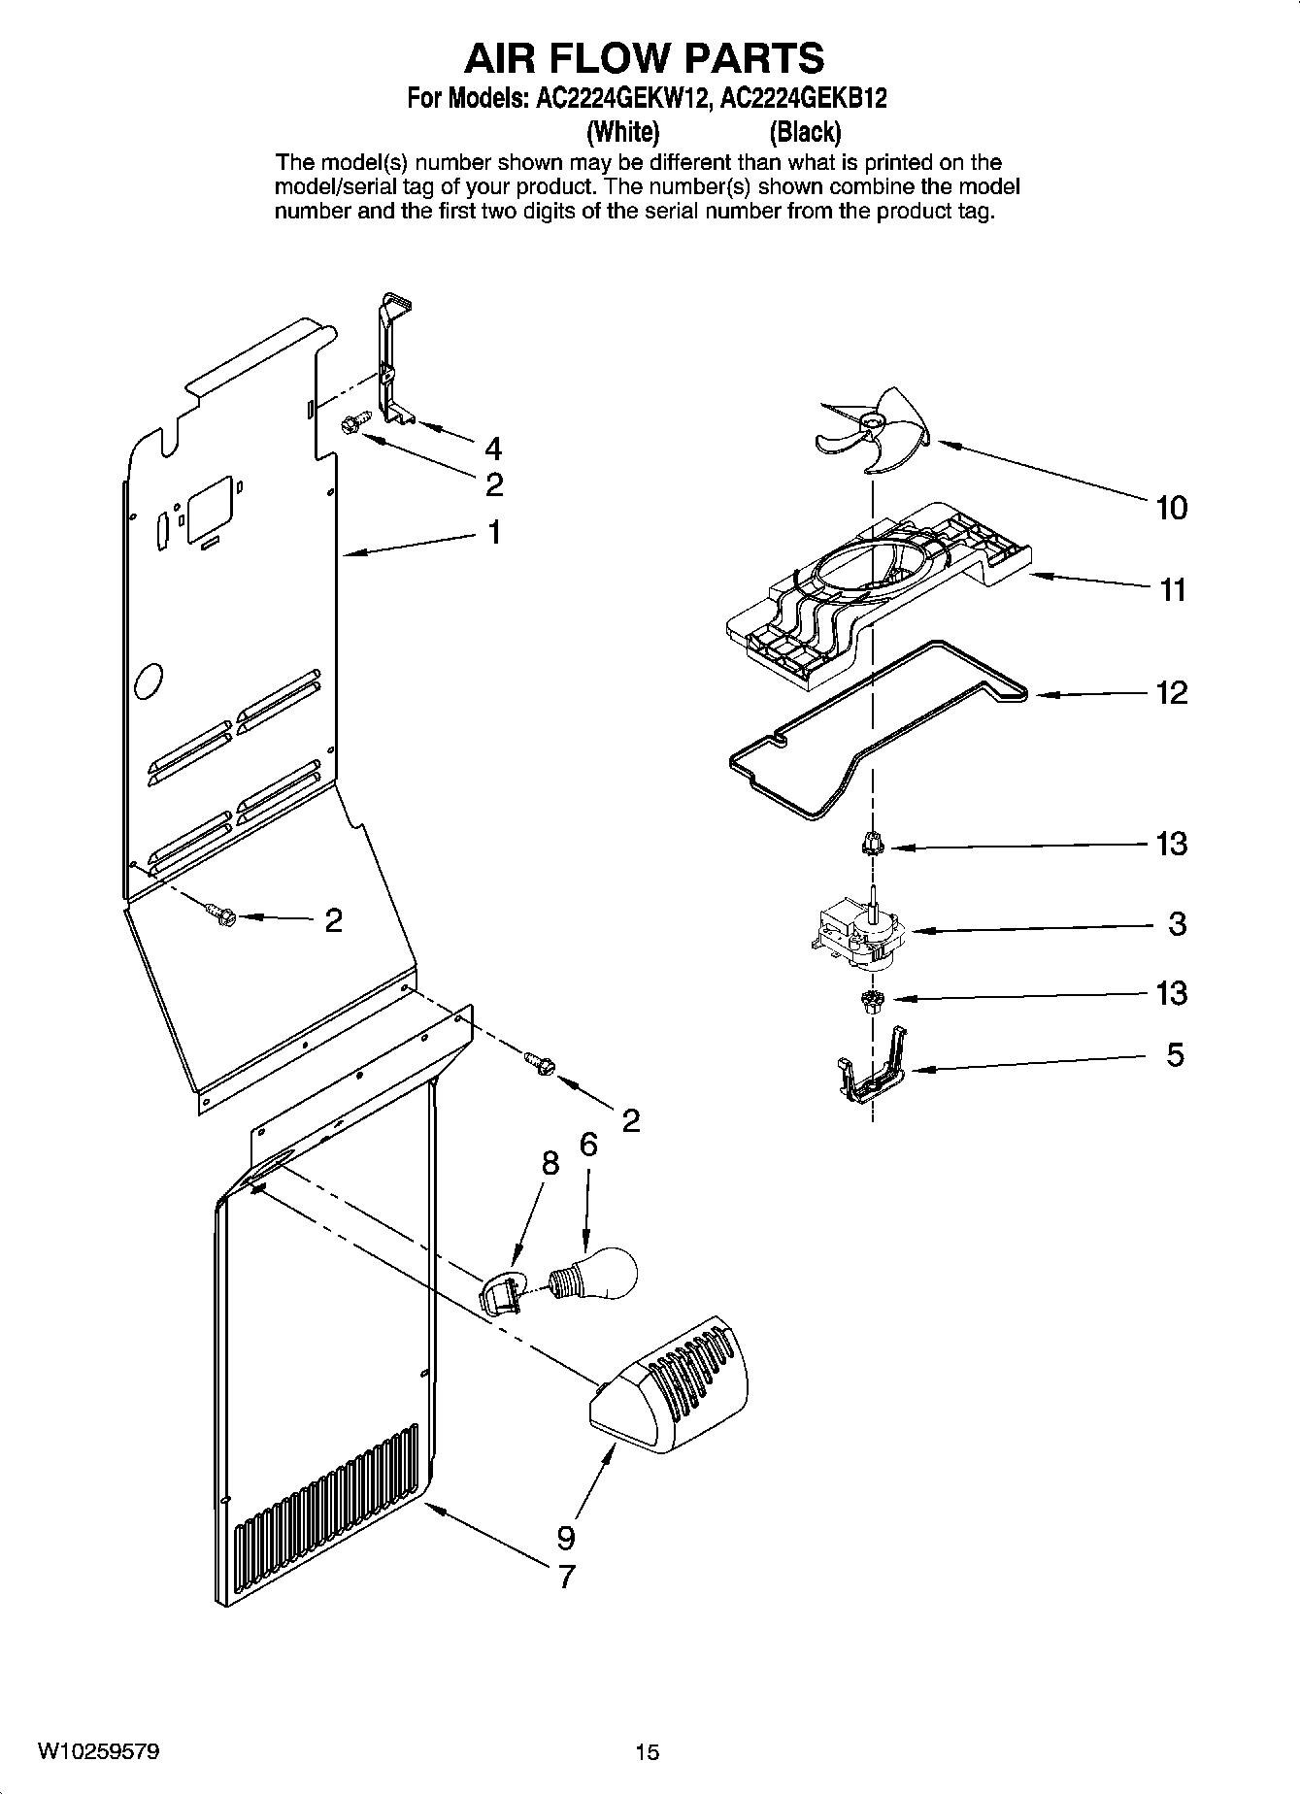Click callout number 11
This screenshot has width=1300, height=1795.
1173,590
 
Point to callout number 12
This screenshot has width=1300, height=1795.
1172,693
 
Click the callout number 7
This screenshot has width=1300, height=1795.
566,1577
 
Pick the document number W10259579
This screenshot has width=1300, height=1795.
99,1751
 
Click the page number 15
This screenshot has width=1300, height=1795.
647,1752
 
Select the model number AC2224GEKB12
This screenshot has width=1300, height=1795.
803,99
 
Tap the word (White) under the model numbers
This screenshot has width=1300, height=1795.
622,131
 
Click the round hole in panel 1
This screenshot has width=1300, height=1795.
149,681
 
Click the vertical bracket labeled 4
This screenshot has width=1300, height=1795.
394,359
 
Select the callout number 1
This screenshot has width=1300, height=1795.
494,532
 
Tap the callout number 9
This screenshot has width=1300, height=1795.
566,1538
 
